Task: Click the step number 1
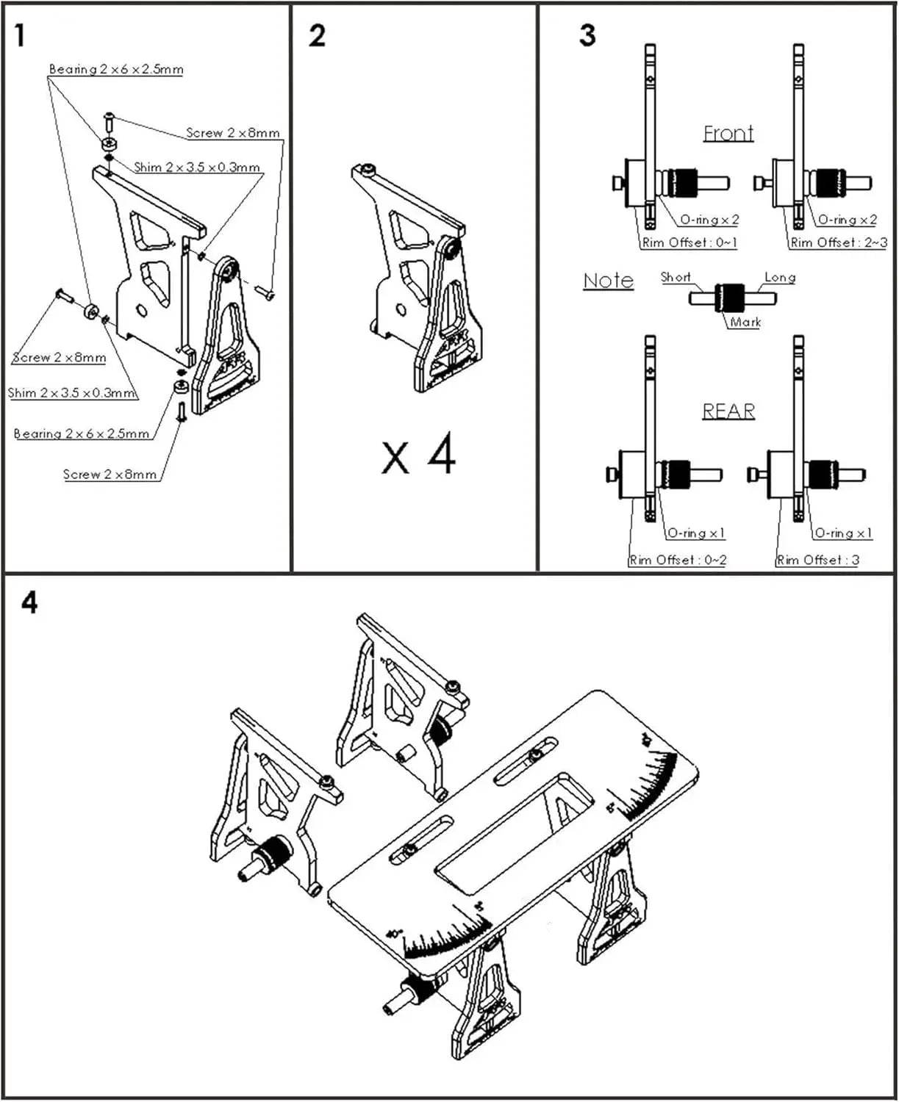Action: click(x=20, y=36)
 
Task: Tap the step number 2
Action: click(x=317, y=36)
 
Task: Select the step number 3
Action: click(x=587, y=35)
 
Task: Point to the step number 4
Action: click(x=29, y=602)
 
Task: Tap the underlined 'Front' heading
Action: click(x=728, y=133)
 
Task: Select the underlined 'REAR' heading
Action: click(x=728, y=411)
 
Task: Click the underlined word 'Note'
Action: click(x=608, y=281)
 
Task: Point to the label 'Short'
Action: click(x=675, y=277)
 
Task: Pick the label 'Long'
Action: click(x=780, y=278)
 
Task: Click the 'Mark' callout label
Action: click(x=745, y=322)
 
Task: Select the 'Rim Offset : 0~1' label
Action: click(x=690, y=242)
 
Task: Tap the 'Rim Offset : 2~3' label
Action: click(x=838, y=242)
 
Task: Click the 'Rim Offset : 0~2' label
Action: click(x=678, y=560)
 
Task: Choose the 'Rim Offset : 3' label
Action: click(x=817, y=560)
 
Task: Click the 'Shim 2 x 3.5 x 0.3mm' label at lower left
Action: click(x=71, y=393)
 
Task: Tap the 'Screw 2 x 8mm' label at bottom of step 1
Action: click(x=110, y=475)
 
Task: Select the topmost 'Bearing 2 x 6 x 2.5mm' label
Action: click(x=116, y=70)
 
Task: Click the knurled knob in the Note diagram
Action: click(x=729, y=298)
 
